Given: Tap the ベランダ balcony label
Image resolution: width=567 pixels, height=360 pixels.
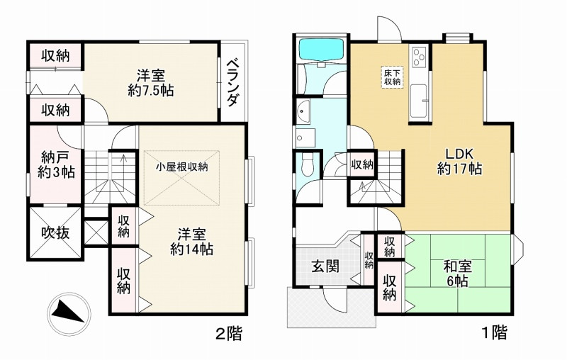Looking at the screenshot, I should pos(232,83).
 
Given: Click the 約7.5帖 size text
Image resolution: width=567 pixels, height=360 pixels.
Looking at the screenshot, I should pos(152,91).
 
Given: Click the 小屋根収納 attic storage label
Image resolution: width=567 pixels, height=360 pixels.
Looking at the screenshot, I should pos(182,167).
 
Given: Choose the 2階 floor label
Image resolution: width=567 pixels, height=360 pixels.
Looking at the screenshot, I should pos(228,333).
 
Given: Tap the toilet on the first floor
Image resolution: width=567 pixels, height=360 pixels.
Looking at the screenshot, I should pos(306,165).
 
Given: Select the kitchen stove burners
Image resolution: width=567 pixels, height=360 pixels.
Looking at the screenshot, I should pos(417,56).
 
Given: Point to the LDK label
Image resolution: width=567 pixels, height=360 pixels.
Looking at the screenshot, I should pos(459,155).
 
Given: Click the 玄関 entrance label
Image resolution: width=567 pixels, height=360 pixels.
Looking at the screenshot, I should pos(325,266).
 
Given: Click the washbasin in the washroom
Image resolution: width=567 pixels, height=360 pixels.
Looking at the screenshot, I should pos(305,109).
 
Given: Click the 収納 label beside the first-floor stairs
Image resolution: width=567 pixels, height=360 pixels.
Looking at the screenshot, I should pos(362,164).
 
